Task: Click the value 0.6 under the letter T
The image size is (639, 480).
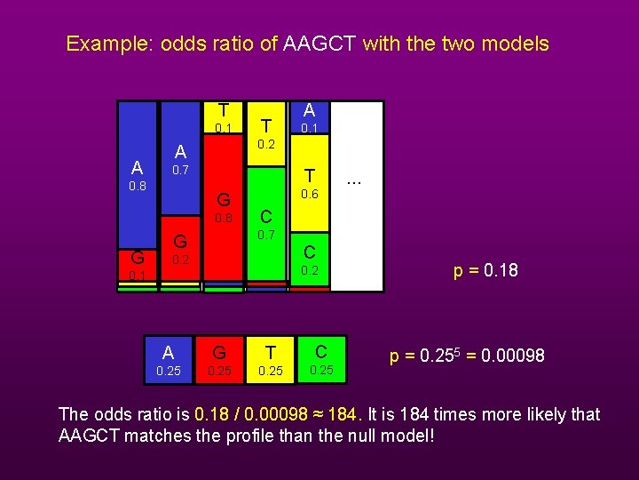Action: pos(310,195)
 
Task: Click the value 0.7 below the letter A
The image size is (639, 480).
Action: pos(180,169)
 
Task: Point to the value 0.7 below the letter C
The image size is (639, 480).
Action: pos(266,235)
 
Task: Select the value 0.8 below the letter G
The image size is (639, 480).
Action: pos(224,219)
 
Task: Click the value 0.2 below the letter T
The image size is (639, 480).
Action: pos(266,144)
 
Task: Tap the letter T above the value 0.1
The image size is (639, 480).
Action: pos(224,110)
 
